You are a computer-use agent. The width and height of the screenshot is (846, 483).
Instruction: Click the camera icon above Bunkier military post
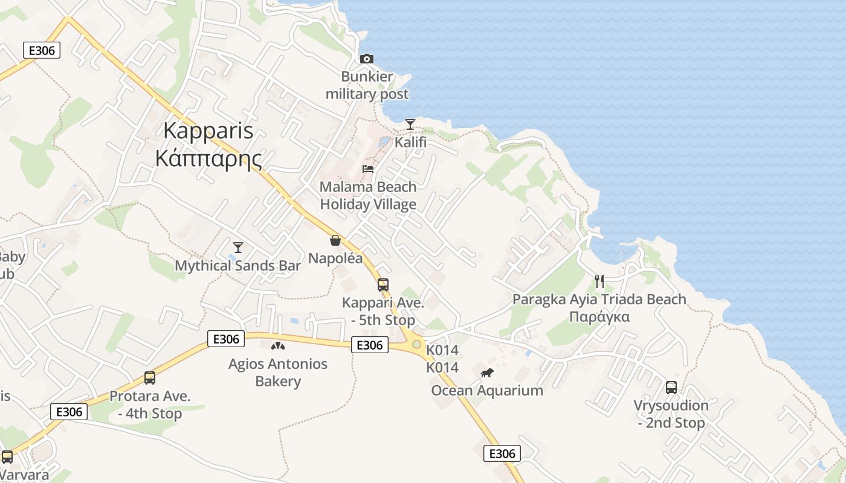(366, 59)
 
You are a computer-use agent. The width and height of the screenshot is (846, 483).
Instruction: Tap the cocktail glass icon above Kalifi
(410, 124)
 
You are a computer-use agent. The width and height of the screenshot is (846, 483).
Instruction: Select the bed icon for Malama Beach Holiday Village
(367, 169)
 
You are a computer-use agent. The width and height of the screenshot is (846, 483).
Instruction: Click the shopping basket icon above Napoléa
(335, 240)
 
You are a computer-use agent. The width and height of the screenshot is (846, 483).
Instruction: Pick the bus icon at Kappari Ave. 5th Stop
(383, 284)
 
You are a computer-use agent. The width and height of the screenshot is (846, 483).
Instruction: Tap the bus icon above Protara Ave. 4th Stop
(149, 378)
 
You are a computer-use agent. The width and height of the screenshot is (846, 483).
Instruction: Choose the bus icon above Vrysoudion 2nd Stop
(671, 388)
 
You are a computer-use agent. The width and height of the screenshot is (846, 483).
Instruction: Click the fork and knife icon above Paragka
(599, 281)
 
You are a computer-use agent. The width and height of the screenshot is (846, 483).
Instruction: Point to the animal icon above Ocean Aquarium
(487, 373)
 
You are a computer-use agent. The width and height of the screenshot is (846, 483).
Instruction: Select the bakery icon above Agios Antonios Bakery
(277, 346)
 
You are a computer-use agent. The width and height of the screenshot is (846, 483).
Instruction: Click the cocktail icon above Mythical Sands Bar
(237, 248)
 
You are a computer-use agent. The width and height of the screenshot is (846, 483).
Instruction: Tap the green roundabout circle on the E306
(416, 344)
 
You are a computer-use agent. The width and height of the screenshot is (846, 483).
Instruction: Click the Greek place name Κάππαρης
(208, 159)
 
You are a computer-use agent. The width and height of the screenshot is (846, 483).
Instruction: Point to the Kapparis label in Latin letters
(208, 132)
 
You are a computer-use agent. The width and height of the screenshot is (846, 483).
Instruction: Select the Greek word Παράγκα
(599, 317)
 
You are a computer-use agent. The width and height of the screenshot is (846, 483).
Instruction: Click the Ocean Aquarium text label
(487, 391)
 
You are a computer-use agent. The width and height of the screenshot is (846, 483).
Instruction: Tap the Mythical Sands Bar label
(237, 266)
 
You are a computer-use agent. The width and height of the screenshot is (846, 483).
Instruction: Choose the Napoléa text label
(335, 258)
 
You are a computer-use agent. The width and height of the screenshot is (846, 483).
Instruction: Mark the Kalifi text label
(410, 142)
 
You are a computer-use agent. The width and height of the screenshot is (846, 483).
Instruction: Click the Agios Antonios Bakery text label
(277, 373)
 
